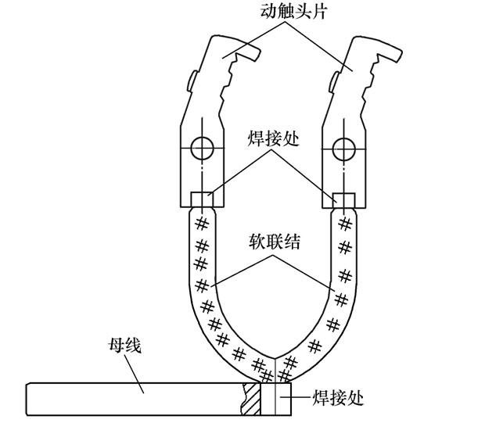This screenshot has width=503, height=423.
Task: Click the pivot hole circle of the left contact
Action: (203, 146)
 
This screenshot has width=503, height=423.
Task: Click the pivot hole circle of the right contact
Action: (340, 146)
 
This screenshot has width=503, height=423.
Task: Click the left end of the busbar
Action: (28, 398)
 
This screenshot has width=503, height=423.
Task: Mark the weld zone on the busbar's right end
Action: (274, 399)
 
